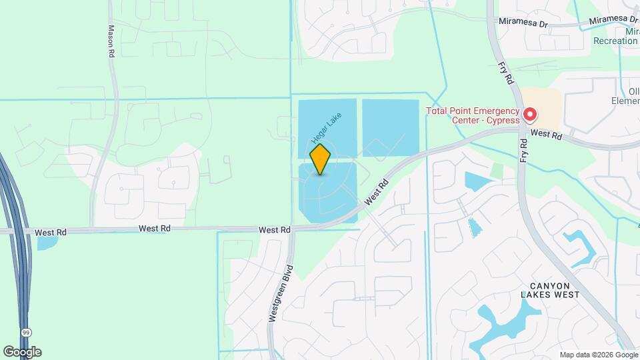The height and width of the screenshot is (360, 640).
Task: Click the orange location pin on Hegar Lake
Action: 321,159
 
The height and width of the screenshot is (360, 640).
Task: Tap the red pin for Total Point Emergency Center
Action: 530,115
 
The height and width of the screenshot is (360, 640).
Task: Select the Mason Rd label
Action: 111,41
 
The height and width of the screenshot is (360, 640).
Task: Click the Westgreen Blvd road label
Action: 281,295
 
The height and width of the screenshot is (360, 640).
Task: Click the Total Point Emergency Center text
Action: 473,115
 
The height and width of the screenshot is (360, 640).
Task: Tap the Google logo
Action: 22,352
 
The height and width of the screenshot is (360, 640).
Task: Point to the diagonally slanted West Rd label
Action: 376,192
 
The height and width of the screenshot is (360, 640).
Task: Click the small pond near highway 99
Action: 47,243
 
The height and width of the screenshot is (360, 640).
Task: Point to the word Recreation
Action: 615,41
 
